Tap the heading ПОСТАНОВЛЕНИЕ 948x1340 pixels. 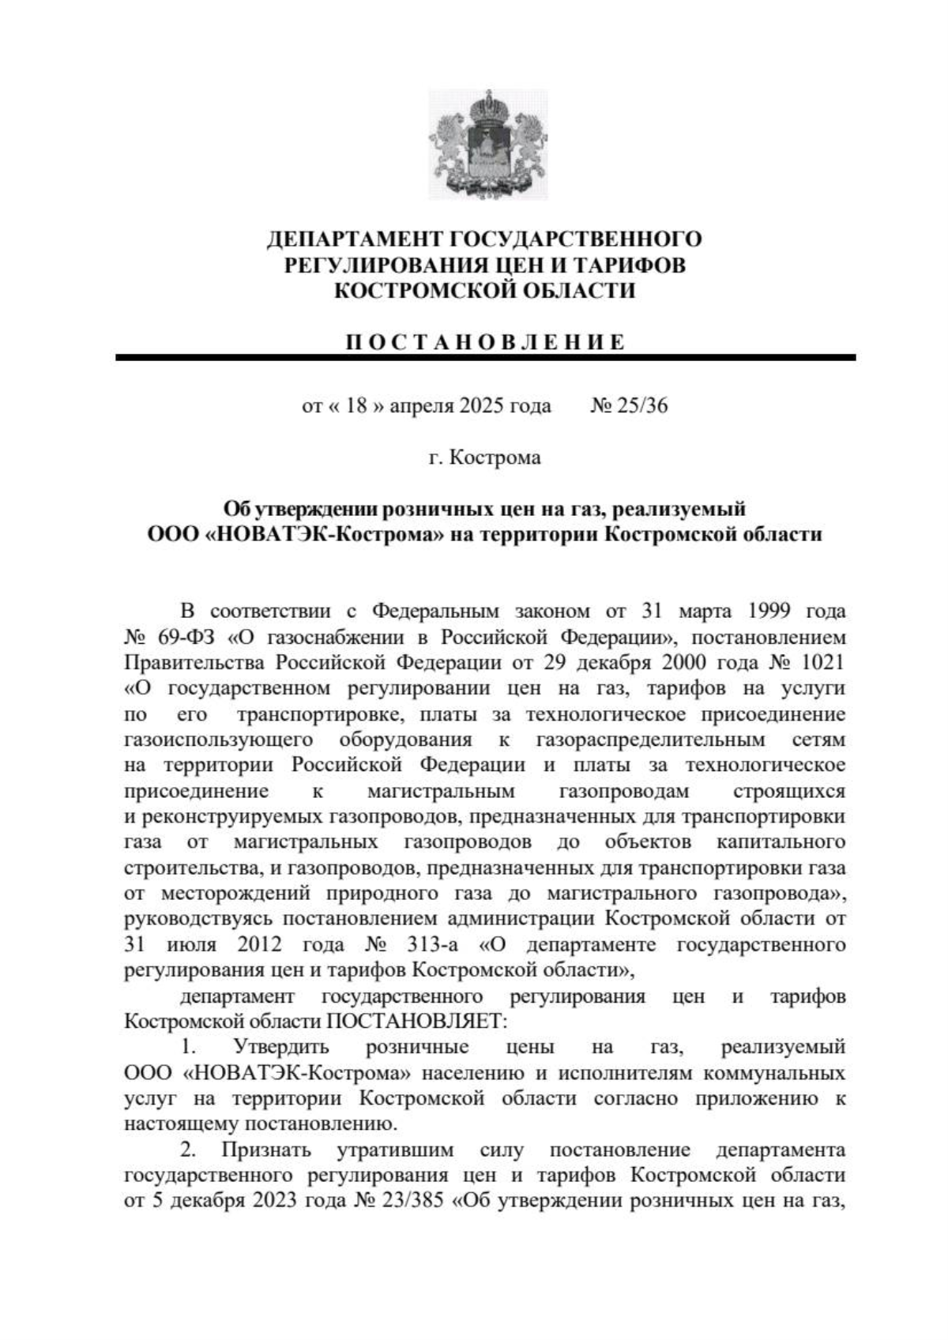click(x=485, y=343)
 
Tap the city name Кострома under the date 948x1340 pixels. click(x=495, y=457)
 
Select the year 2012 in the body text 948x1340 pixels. click(x=258, y=945)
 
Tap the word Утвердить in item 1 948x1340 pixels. click(x=281, y=1048)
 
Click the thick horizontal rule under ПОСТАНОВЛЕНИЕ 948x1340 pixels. click(x=485, y=358)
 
